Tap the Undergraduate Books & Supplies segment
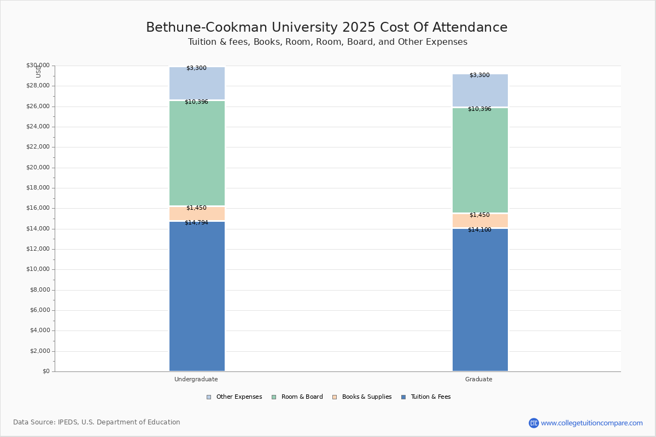point(197,214)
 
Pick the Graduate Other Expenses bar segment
point(480,90)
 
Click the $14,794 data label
point(196,223)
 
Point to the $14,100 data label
point(479,230)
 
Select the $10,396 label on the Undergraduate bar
point(196,102)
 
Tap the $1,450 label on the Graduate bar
point(479,215)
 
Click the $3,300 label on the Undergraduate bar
point(196,68)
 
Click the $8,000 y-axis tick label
point(39,290)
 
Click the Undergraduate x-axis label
point(196,379)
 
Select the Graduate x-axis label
point(479,379)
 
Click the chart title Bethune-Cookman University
point(326,28)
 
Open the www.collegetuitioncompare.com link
point(591,423)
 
